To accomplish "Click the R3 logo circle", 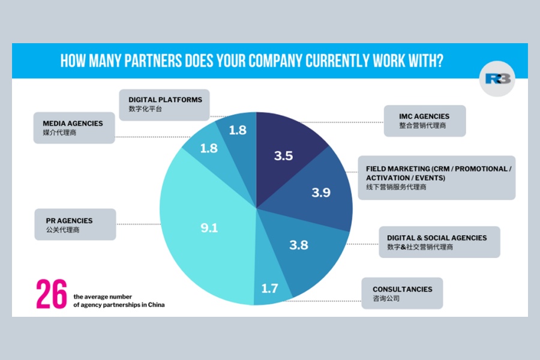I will pyautogui.click(x=497, y=80).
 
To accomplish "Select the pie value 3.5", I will pyautogui.click(x=283, y=156).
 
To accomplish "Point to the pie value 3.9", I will pyautogui.click(x=321, y=193).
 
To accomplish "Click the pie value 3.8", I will pyautogui.click(x=299, y=244).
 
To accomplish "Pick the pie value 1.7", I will pyautogui.click(x=269, y=289).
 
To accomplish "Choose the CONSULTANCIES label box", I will pyautogui.click(x=403, y=293).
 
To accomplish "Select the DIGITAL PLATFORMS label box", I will pyautogui.click(x=165, y=104).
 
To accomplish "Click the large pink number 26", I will pyautogui.click(x=51, y=294).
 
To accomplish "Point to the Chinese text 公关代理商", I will pyautogui.click(x=62, y=230).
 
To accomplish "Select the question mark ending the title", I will pyautogui.click(x=440, y=61).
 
